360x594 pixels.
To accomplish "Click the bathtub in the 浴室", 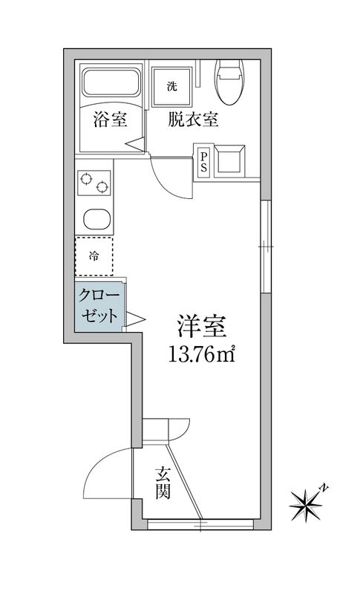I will click(111, 86).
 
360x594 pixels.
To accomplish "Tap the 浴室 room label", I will click(110, 120).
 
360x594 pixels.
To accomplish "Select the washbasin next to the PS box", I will click(229, 160).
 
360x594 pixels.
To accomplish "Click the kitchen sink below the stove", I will click(94, 220).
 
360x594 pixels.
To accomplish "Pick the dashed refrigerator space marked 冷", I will click(94, 257).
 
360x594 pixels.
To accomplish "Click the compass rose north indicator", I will click(308, 503).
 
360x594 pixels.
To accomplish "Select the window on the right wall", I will click(265, 245).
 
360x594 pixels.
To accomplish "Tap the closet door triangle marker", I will click(135, 319).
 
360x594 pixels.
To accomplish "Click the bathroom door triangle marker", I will click(134, 145).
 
